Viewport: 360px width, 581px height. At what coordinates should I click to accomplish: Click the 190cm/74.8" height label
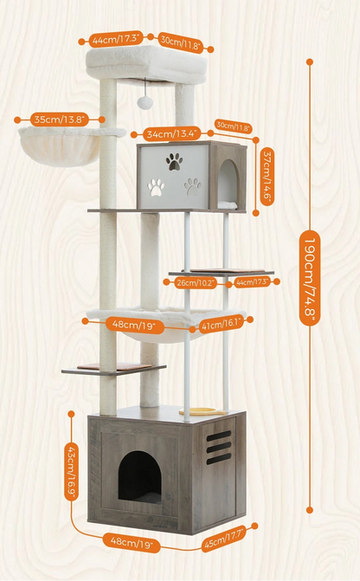pos(310,278)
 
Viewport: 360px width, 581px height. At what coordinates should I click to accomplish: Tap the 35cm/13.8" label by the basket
pos(60,119)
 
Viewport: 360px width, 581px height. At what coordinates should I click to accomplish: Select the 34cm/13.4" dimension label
pos(172,133)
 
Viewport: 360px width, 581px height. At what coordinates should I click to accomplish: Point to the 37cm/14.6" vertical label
pos(267,177)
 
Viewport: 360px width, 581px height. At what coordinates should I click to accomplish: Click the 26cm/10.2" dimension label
pos(196,283)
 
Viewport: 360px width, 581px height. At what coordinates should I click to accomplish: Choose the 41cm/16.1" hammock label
pos(222,324)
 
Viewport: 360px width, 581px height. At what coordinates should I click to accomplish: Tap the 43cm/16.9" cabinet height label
pos(71,471)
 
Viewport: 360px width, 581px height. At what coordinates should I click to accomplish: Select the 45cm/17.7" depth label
pos(224,539)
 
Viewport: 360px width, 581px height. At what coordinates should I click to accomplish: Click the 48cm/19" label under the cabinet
pos(132,543)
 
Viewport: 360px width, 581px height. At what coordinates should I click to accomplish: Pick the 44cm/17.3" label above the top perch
pos(116,39)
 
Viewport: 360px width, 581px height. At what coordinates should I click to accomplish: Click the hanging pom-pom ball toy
pos(145,102)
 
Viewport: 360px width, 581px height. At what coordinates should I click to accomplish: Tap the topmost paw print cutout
pos(174,162)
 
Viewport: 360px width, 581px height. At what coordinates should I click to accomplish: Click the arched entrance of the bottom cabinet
pos(139,477)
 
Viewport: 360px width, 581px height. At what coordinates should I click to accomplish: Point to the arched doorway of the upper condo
pos(228,184)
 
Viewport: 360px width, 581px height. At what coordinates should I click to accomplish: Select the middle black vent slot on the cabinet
pos(219,448)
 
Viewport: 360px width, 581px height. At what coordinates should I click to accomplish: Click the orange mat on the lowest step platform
pos(114,366)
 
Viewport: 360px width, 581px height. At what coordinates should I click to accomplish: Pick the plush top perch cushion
pos(146,64)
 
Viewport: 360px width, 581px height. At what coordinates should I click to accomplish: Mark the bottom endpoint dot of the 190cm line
pos(310,510)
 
